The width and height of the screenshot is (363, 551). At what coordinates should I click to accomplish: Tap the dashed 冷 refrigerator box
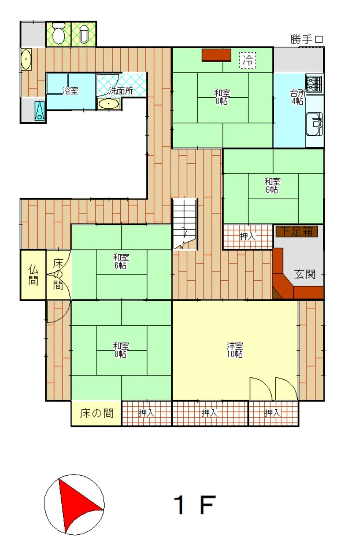(248, 60)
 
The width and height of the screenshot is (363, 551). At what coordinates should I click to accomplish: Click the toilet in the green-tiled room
(58, 33)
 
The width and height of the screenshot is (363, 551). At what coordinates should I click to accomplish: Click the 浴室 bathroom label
(70, 91)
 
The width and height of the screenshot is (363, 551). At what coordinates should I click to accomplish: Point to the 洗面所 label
(121, 91)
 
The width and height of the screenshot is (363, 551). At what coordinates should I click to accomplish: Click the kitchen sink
(314, 124)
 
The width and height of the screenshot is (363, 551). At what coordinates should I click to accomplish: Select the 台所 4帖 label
(298, 97)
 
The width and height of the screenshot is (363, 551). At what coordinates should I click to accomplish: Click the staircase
(185, 224)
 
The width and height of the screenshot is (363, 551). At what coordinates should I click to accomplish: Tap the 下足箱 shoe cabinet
(297, 232)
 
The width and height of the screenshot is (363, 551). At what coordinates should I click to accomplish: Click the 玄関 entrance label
(305, 274)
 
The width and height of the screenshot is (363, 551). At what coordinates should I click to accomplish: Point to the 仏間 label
(33, 275)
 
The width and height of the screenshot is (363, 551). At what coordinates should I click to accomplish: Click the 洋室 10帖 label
(235, 350)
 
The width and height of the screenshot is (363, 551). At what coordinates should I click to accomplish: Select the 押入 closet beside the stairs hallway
(248, 237)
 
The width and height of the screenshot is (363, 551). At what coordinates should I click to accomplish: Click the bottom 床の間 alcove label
(97, 413)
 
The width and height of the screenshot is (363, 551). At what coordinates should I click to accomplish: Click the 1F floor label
(194, 505)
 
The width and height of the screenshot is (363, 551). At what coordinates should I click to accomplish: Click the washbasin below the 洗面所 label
(109, 104)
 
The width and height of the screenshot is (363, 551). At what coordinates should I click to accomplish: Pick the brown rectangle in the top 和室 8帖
(216, 55)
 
